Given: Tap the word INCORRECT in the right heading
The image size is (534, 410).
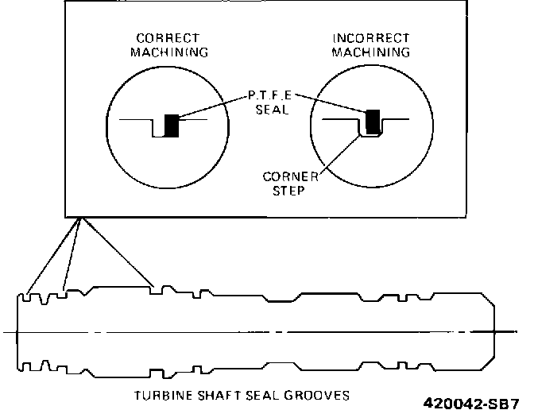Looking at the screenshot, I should [372, 38].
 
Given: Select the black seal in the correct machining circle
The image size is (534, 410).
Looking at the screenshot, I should [171, 126].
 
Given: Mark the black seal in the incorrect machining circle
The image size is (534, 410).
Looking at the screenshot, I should [372, 120].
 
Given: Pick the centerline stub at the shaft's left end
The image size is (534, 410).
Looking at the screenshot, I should [10, 331].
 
